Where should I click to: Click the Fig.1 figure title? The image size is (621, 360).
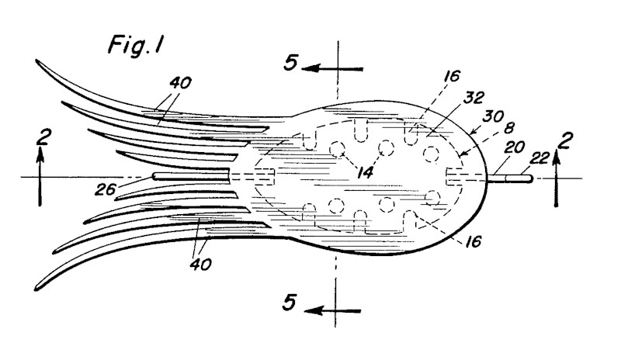136,46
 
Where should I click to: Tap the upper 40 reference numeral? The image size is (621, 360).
180,83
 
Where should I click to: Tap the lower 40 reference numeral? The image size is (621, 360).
200,264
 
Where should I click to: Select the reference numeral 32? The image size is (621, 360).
474,98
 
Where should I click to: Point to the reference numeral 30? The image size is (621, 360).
494,117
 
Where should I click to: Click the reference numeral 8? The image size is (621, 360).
510,128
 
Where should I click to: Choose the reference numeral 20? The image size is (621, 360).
515,147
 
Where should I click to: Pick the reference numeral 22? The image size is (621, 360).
539,158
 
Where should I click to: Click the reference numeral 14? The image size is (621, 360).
365,173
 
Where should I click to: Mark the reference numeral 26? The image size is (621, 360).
105,190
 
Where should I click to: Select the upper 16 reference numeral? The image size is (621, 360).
451,75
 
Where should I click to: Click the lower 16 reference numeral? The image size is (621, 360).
473,241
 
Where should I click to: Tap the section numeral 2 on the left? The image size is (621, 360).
43,137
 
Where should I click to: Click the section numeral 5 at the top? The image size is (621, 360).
290,63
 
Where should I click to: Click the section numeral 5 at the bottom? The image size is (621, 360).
289,303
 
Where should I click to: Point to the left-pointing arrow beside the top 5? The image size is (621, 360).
333,69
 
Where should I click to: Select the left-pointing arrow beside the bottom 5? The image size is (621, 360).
333,311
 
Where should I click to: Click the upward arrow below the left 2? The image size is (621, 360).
40,176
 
